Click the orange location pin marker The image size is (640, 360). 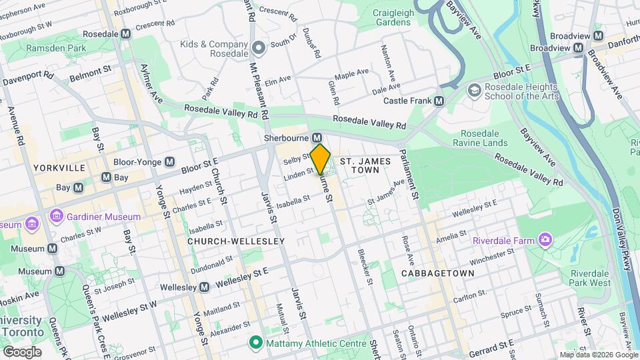coord(320,159)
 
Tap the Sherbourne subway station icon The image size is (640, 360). coord(317,137)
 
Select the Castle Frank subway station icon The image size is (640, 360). coord(439,101)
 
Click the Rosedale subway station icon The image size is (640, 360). coord(126,34)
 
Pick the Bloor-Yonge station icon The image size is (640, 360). coord(170,161)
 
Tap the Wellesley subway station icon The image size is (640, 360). coord(205,287)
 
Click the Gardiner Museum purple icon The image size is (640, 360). coord(56,217)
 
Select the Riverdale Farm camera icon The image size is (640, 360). coord(546,239)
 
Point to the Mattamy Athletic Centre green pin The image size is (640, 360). coord(255,343)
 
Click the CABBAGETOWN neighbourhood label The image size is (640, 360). coord(438,273)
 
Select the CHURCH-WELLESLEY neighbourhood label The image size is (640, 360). coord(236,241)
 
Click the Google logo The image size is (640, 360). coord(22,351)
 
